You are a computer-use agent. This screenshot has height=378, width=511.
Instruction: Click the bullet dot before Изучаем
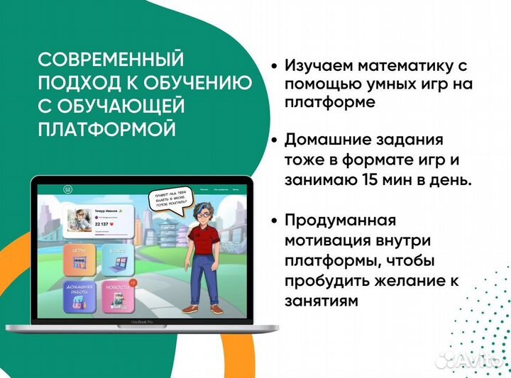[x=275, y=66]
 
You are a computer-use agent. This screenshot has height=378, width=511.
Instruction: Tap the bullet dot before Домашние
[x=275, y=140]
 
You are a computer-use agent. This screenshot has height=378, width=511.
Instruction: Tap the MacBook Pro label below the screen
[x=142, y=323]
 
